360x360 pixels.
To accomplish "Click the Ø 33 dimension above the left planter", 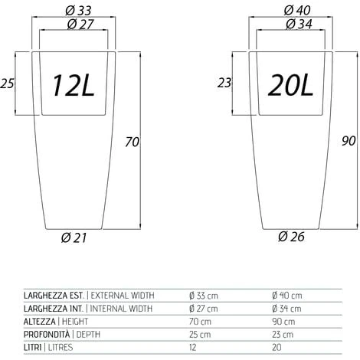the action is (78, 11).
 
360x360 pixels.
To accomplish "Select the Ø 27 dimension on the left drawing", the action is (80, 25).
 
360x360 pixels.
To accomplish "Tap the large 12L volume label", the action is (74, 85).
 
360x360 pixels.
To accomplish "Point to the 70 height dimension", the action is (133, 142).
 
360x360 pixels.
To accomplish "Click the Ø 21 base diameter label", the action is (74, 237).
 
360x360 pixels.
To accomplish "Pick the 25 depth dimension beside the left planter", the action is (7, 83).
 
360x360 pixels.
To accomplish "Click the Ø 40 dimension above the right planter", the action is (297, 11).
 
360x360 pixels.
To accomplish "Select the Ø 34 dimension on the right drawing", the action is (299, 25).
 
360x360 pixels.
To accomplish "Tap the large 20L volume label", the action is (291, 85).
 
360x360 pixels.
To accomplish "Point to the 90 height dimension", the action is (349, 141).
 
